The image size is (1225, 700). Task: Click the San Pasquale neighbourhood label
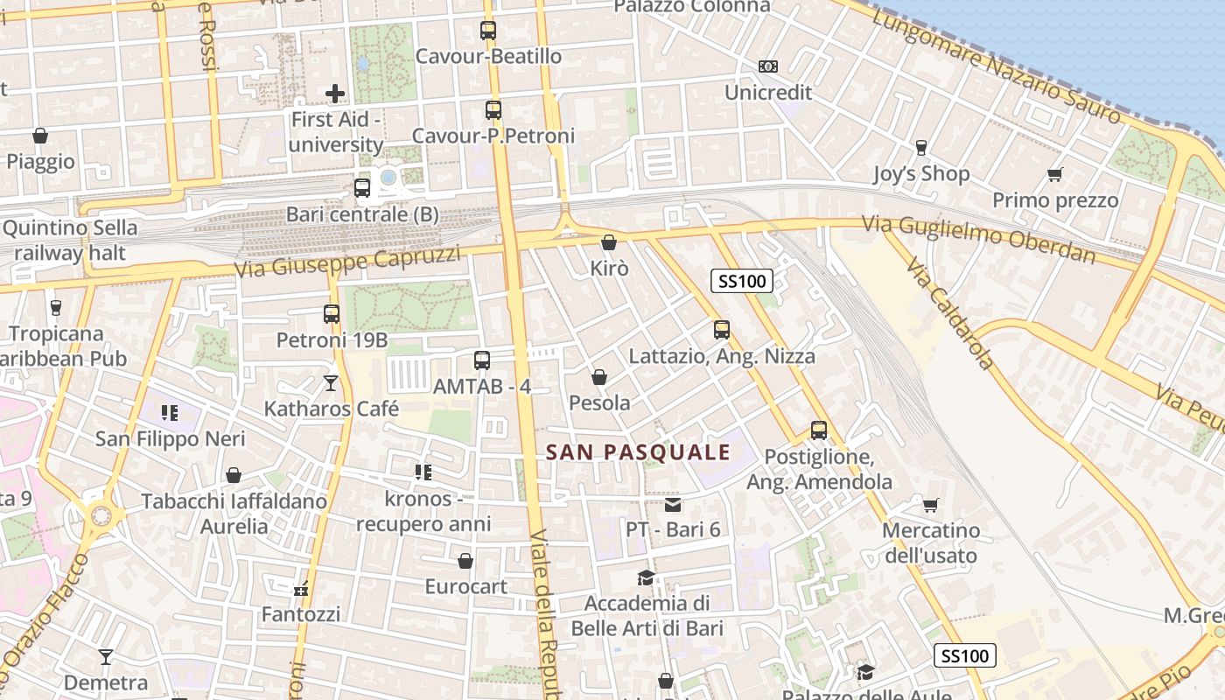(x=638, y=451)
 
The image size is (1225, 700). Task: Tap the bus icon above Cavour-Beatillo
(x=488, y=31)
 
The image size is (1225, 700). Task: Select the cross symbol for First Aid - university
(x=335, y=93)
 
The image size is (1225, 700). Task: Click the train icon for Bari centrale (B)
(x=362, y=187)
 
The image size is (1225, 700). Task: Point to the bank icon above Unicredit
(x=768, y=66)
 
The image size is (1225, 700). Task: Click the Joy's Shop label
(x=921, y=173)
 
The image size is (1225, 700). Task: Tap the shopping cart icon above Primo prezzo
(x=1055, y=174)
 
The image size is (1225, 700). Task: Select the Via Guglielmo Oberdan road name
(x=978, y=238)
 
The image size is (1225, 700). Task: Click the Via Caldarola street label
(x=950, y=312)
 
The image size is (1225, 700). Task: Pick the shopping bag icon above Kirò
(x=609, y=242)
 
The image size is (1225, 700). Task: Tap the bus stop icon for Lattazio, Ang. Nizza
(x=722, y=330)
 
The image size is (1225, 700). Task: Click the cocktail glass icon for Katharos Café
(x=331, y=382)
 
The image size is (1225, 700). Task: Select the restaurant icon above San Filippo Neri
(x=170, y=412)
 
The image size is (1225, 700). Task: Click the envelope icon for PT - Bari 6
(x=673, y=504)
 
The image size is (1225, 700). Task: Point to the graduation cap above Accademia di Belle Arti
(x=647, y=577)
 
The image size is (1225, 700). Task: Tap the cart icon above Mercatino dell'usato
(x=930, y=505)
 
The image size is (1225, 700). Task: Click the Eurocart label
(x=465, y=586)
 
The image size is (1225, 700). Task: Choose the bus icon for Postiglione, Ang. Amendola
(x=819, y=430)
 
